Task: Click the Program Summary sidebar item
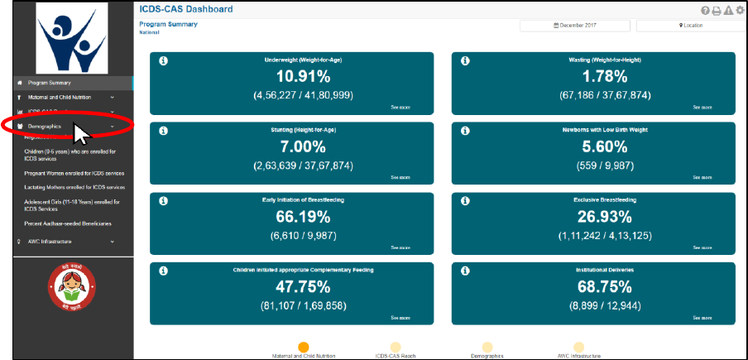tap(50, 83)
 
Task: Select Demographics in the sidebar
tap(45, 126)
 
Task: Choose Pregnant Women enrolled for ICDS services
tap(74, 174)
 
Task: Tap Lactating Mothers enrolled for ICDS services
tap(74, 188)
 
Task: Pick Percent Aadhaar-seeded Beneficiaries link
tap(68, 223)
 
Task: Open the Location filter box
tap(691, 26)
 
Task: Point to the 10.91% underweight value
tap(303, 77)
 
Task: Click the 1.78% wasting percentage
tap(605, 77)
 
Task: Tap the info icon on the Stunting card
tap(162, 131)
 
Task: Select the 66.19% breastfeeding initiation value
tap(303, 217)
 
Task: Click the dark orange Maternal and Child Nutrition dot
tap(304, 348)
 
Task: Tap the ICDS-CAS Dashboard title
tap(186, 9)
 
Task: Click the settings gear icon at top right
tap(740, 10)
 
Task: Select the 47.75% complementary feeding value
tap(303, 286)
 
